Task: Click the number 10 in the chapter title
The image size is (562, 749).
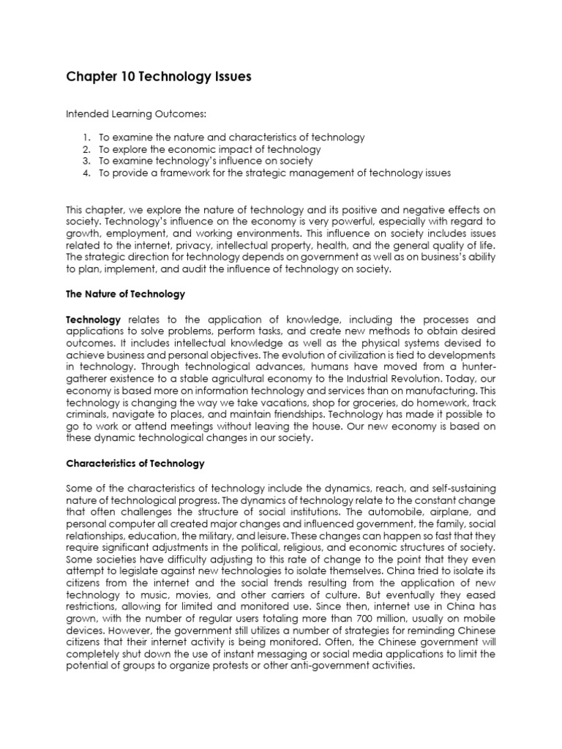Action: (121, 77)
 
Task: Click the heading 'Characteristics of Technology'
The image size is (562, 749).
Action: (135, 464)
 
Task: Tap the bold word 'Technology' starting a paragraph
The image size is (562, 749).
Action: (93, 320)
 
